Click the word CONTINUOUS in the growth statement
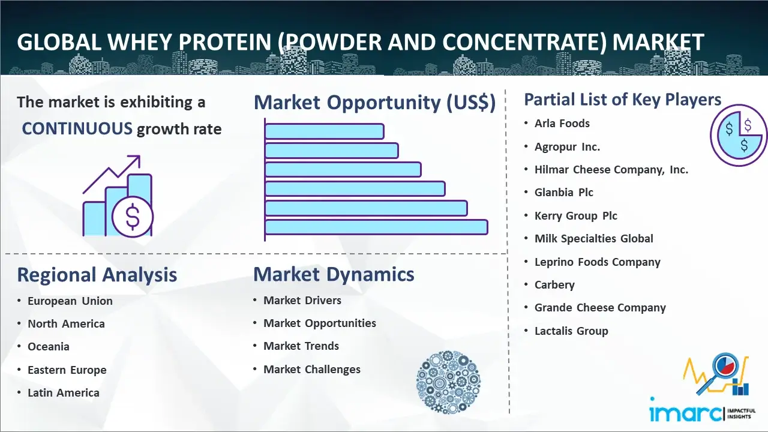point(77,129)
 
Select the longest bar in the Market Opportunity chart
point(376,227)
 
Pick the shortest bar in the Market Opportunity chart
point(325,131)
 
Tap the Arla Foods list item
point(562,124)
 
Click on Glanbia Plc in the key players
point(563,193)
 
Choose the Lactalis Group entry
point(571,331)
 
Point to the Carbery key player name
point(554,285)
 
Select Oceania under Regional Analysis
point(49,347)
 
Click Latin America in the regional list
point(64,392)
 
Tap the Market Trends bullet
point(301,346)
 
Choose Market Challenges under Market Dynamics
point(312,369)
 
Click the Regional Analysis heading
point(97,275)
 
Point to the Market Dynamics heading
point(334,274)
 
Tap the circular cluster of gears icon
point(448,382)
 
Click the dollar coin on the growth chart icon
point(133,217)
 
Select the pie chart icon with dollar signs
point(739,136)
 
